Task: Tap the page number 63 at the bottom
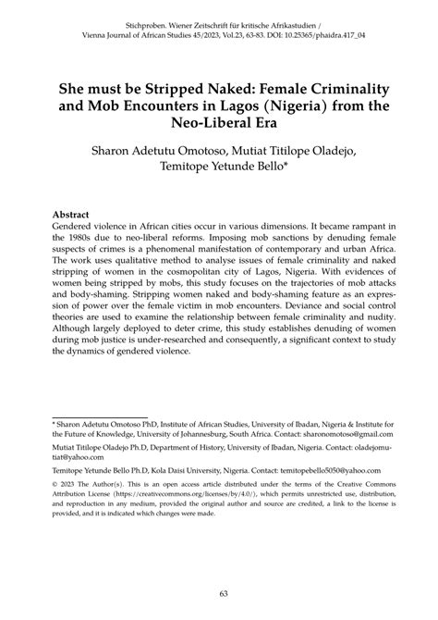coord(218,593)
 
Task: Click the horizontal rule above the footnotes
coord(99,415)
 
